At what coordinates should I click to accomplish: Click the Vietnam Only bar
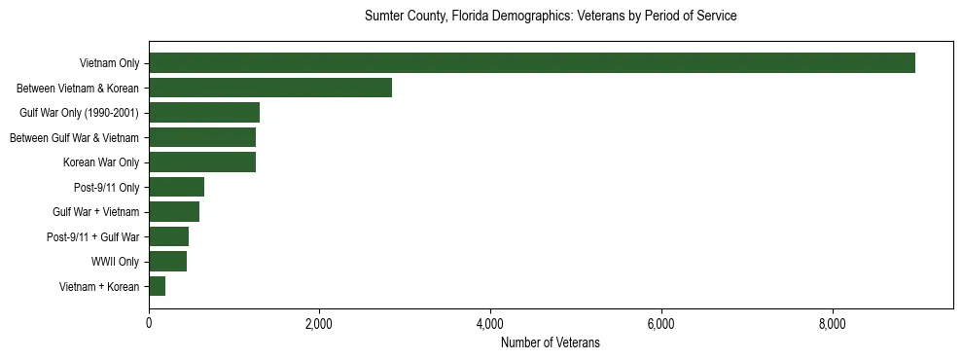point(532,63)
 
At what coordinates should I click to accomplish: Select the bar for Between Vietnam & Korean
point(270,88)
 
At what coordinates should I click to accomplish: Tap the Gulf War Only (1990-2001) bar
point(204,112)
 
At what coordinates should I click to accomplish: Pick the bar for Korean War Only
point(202,162)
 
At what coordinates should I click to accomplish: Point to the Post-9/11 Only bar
point(176,187)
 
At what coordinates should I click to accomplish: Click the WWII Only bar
point(167,261)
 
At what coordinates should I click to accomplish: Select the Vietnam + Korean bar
point(157,286)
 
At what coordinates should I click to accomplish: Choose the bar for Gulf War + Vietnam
point(174,211)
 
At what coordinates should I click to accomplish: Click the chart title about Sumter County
point(551,17)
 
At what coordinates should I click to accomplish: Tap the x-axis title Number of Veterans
point(551,342)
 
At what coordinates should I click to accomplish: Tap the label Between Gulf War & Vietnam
point(75,137)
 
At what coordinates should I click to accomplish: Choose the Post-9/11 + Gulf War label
point(92,236)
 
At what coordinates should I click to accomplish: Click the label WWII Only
point(115,261)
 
